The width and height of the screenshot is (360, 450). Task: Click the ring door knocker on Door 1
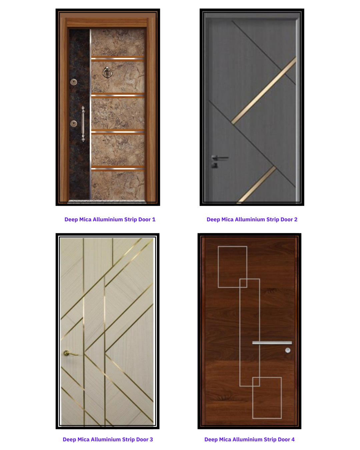pos(107,73)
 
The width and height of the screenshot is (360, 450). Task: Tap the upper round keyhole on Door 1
pos(74,82)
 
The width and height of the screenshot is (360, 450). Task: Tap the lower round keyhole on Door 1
pos(74,124)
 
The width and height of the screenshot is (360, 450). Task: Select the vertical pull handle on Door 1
pos(83,124)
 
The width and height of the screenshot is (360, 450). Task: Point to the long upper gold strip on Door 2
pos(264,90)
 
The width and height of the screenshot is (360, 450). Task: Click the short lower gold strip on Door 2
pos(256,184)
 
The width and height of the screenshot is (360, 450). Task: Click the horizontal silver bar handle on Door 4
pos(272,343)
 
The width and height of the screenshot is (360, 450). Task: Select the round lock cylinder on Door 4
pos(288,350)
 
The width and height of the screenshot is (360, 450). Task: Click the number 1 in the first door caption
pos(154,219)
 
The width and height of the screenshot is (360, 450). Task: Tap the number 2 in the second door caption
pos(296,219)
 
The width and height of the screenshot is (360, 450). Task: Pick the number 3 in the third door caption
pos(151,439)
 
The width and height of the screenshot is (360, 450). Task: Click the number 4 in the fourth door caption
pos(293,439)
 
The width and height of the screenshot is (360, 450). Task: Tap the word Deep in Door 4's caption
pos(211,440)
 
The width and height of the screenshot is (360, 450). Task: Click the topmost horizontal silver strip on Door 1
pos(118,59)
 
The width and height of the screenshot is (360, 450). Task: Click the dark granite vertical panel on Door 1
pos(79,114)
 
